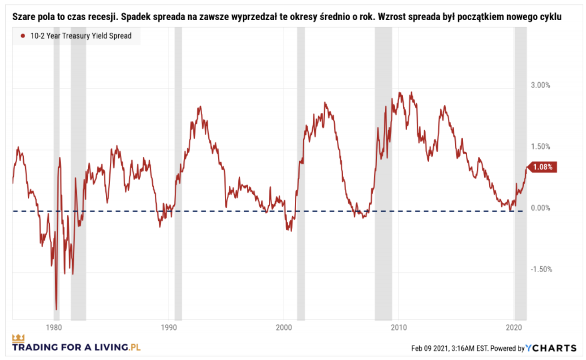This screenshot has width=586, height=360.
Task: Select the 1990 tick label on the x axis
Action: pyautogui.click(x=168, y=327)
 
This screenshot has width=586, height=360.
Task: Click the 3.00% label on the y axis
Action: pyautogui.click(x=541, y=86)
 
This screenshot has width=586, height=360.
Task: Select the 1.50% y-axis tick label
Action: pyautogui.click(x=541, y=147)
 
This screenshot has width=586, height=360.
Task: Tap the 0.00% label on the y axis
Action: pyautogui.click(x=541, y=208)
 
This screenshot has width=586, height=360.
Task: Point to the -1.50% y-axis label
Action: pyautogui.click(x=540, y=270)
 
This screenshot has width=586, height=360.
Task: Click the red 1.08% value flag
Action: pyautogui.click(x=543, y=167)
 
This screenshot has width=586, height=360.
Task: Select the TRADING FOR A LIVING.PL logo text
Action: pyautogui.click(x=77, y=347)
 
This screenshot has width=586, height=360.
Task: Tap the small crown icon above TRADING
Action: pyautogui.click(x=18, y=337)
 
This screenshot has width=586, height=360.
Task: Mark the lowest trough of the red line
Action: pyautogui.click(x=56, y=309)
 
